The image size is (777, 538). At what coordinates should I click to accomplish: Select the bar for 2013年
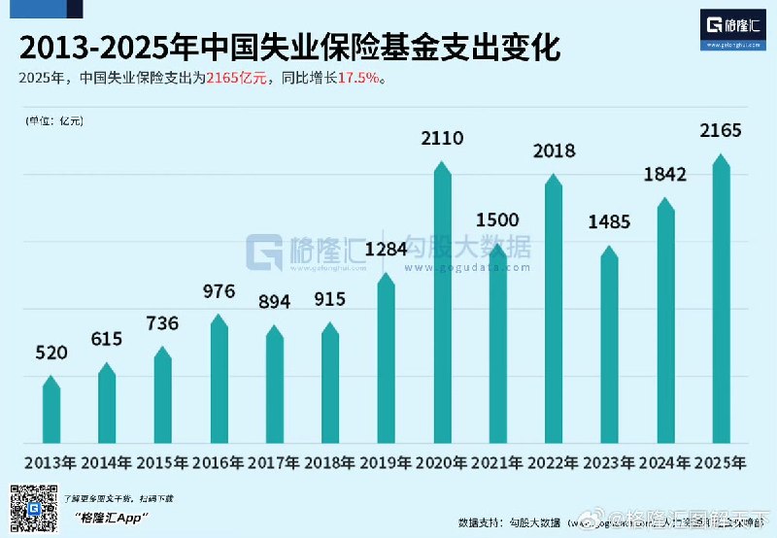(x=51, y=413)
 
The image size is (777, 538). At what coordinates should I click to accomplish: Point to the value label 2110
(x=442, y=139)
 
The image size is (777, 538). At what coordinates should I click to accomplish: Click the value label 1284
(x=386, y=252)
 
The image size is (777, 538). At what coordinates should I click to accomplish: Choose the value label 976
(x=219, y=291)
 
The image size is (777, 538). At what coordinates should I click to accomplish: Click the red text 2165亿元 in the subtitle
(x=235, y=78)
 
